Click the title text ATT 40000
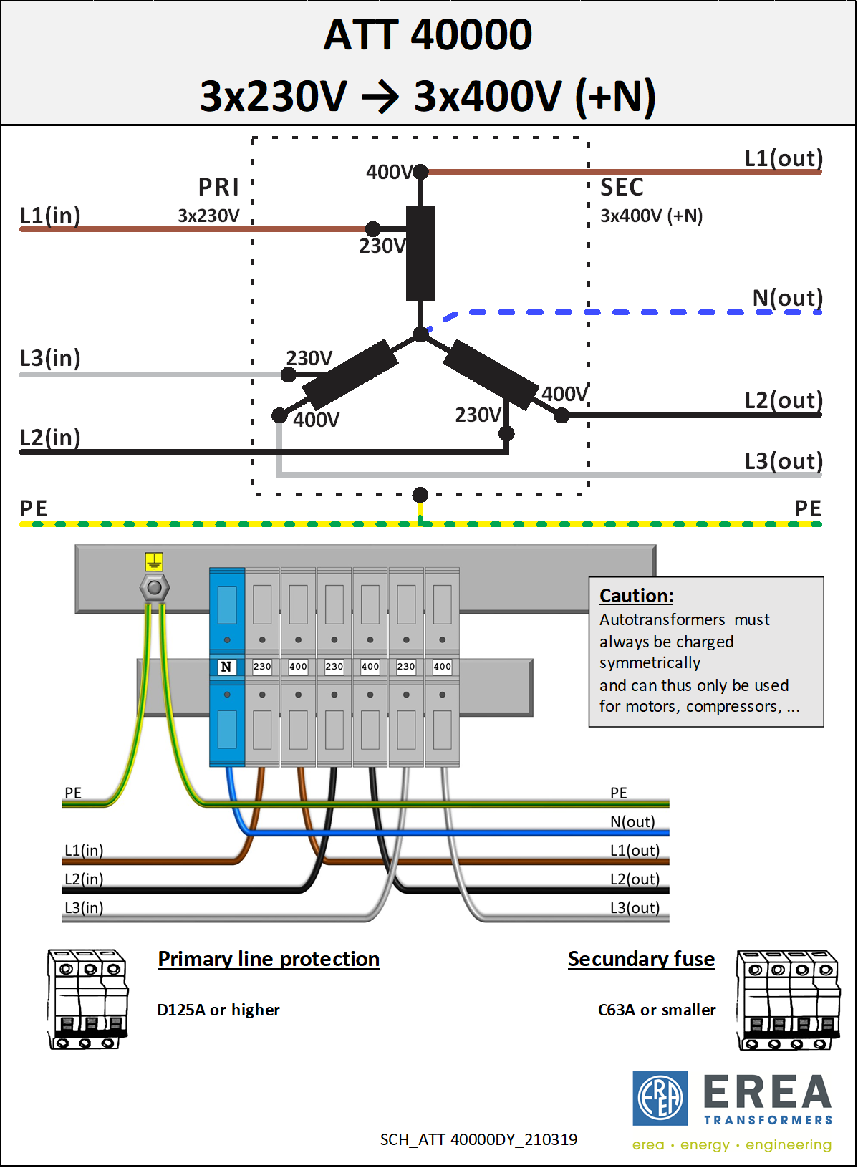tap(428, 34)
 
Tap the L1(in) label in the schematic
tap(50, 216)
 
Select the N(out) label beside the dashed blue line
tap(787, 298)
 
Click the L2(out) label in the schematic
tap(784, 400)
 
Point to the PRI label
tap(218, 187)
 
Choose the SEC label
tap(622, 188)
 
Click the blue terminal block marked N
tap(227, 667)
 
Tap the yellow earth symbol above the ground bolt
tap(154, 561)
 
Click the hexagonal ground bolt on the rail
tap(154, 589)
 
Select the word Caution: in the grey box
tap(636, 596)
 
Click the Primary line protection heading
tap(269, 959)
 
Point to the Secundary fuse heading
tap(641, 959)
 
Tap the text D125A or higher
tap(218, 1010)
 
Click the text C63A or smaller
tap(657, 1010)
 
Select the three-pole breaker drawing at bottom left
tap(87, 999)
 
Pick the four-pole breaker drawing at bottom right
tap(788, 1000)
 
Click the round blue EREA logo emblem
tap(660, 1098)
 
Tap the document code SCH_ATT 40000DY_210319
tap(478, 1139)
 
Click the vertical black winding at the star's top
tap(420, 254)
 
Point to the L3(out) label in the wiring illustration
tap(635, 908)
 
